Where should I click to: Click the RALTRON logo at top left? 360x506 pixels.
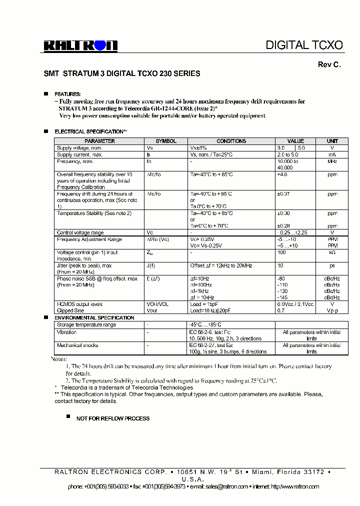[x=80, y=46]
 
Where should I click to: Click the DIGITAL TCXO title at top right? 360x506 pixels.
[x=304, y=45]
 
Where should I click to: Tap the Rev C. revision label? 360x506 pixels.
[x=329, y=65]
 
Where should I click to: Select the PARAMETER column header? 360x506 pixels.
[x=99, y=141]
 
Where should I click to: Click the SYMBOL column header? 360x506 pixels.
[x=166, y=141]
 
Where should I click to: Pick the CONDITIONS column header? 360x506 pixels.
[x=231, y=141]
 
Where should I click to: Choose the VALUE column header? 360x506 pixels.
[x=295, y=141]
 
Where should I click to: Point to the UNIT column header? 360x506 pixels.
[x=332, y=141]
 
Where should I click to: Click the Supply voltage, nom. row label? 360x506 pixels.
[x=79, y=148]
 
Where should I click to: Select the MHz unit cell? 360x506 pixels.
[x=332, y=161]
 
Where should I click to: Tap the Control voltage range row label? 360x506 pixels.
[x=80, y=232]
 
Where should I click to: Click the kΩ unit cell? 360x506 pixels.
[x=332, y=253]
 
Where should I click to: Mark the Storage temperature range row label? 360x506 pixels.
[x=86, y=325]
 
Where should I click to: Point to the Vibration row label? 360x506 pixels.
[x=67, y=332]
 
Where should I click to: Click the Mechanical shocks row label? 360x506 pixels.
[x=77, y=345]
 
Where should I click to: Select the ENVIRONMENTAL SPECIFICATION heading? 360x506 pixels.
[x=94, y=318]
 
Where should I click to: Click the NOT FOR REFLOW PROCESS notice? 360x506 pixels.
[x=112, y=418]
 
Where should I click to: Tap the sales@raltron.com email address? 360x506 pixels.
[x=233, y=486]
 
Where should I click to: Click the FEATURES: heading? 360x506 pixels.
[x=67, y=94]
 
